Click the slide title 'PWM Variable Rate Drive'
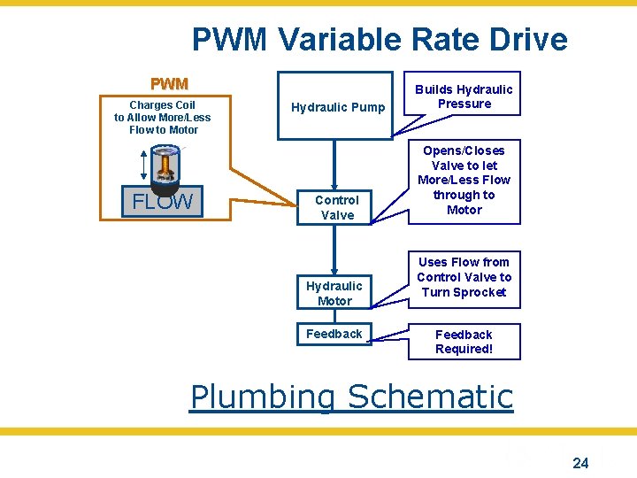pyautogui.click(x=380, y=40)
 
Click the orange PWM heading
pyautogui.click(x=169, y=84)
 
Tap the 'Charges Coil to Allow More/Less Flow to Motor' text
pyautogui.click(x=163, y=117)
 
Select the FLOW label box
pyautogui.click(x=162, y=201)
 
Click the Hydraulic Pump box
pyautogui.click(x=335, y=106)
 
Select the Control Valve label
pyautogui.click(x=337, y=207)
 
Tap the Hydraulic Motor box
pyautogui.click(x=334, y=293)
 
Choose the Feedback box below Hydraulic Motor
pyautogui.click(x=334, y=334)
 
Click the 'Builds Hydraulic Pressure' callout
pyautogui.click(x=464, y=96)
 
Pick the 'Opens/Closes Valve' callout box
pyautogui.click(x=464, y=181)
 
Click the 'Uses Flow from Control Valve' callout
pyautogui.click(x=464, y=277)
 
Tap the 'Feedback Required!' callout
pyautogui.click(x=464, y=342)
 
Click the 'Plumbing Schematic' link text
pyautogui.click(x=352, y=396)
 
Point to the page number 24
pyautogui.click(x=580, y=462)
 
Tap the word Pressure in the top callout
pyautogui.click(x=464, y=104)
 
